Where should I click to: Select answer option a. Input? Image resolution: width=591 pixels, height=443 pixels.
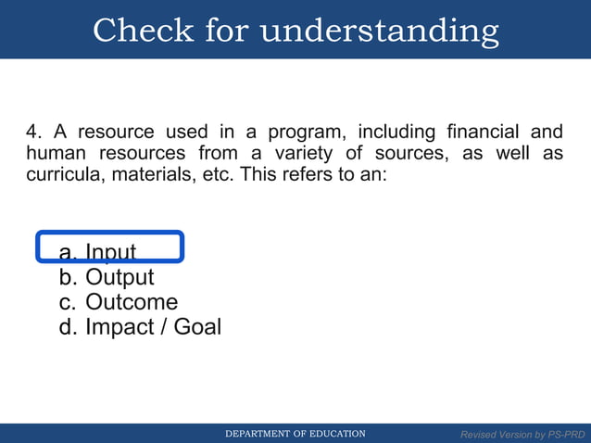(x=97, y=252)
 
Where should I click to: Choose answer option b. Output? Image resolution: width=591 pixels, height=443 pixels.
(x=106, y=277)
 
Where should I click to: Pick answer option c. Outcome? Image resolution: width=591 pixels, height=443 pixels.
(x=118, y=302)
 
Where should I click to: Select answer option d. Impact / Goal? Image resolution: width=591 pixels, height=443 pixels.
(x=139, y=327)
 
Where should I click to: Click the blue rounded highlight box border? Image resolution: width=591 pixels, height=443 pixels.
(x=182, y=247)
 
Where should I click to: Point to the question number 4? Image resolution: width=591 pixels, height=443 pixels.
(x=32, y=131)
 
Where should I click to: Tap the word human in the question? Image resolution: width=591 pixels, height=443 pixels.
(x=54, y=153)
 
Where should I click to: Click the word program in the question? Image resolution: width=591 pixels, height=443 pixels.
(x=302, y=131)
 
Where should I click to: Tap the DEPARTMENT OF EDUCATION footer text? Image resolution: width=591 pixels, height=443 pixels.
(x=296, y=434)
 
